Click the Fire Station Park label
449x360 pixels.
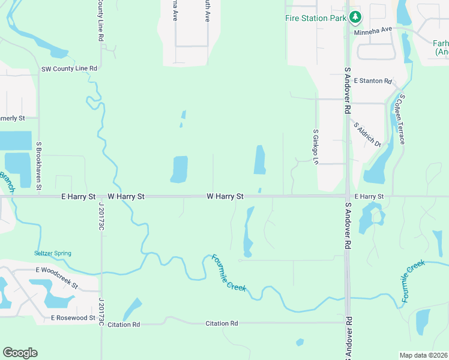pos(315,18)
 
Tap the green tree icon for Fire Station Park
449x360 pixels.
pos(355,17)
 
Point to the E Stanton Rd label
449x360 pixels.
pos(372,80)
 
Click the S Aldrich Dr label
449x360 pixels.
pos(367,134)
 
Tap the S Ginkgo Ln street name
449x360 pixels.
pos(315,146)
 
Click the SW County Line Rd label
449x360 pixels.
pos(69,68)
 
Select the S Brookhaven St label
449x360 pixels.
pos(38,166)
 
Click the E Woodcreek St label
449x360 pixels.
pos(57,271)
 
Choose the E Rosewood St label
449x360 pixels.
pos(73,317)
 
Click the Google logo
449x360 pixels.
pos(20,353)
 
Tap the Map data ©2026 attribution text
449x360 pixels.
pos(424,355)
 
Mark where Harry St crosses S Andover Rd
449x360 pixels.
pos(347,196)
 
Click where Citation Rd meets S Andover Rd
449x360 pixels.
pos(347,323)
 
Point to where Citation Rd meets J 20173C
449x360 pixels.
pos(101,324)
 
